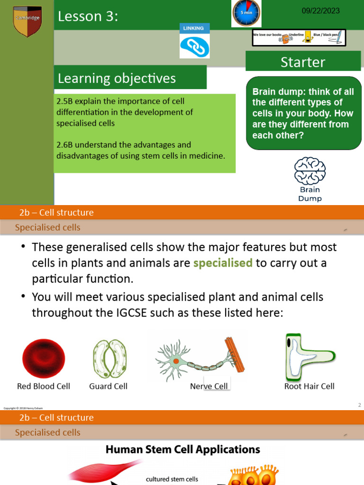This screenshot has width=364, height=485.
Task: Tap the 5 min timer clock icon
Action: coord(246,13)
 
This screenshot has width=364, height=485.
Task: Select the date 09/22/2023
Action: coord(321,11)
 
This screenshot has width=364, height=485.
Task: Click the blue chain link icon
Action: coord(193,46)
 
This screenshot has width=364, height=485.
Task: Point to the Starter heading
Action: coord(303,62)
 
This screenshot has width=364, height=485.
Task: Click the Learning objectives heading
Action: coord(117,78)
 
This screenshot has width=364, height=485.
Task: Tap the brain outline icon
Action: coord(309,171)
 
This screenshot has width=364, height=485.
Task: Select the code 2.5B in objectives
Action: coord(64,101)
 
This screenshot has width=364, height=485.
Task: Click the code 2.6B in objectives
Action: coord(64,145)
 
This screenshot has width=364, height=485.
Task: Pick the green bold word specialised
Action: coord(223,263)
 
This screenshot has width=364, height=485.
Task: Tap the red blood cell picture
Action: coord(44,359)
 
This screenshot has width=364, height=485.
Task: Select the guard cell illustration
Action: coord(109,359)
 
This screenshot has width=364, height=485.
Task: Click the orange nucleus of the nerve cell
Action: coord(176,361)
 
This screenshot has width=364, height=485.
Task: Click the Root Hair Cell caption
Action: coord(309,386)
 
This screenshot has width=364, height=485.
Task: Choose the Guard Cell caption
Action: coord(108,386)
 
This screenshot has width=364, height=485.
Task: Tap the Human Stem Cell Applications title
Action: coord(182,449)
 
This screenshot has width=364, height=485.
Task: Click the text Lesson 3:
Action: coord(88,17)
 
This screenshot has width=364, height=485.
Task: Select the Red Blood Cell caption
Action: coord(44,386)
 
